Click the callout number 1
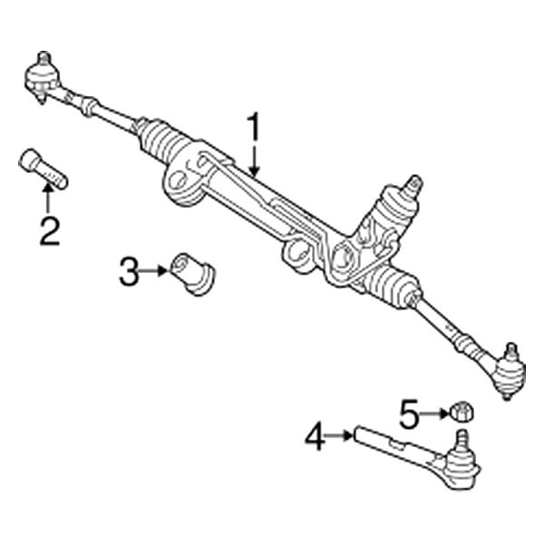[255, 128]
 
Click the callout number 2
[48, 231]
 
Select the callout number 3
[131, 270]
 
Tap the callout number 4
[315, 440]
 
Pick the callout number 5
[410, 416]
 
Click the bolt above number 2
[44, 170]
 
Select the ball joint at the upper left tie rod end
[40, 72]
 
